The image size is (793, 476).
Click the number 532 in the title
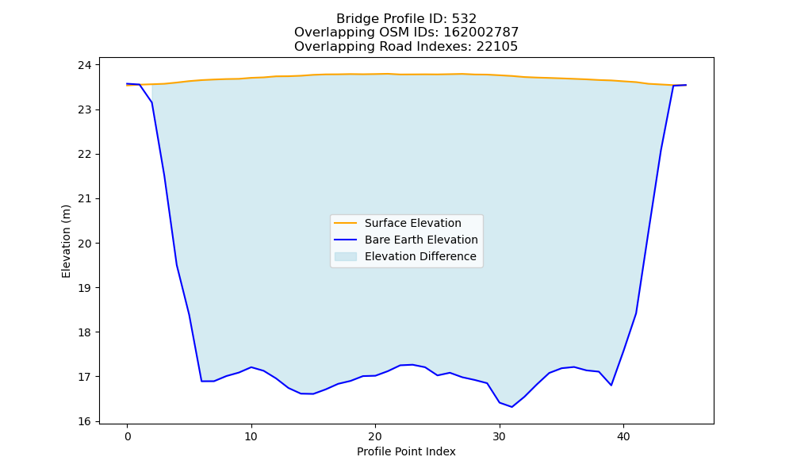[464, 19]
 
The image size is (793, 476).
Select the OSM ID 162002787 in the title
[481, 33]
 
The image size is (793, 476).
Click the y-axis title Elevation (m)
[66, 241]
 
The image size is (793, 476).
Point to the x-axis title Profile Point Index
[406, 451]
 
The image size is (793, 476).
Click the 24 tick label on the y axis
[85, 65]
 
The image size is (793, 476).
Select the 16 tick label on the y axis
[85, 421]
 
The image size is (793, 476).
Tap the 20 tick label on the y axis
[85, 244]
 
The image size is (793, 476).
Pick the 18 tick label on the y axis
[85, 332]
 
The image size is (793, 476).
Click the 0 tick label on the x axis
[128, 436]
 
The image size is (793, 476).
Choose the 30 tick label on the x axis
[499, 436]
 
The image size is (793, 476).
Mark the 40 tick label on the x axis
[623, 436]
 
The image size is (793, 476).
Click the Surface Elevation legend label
[412, 223]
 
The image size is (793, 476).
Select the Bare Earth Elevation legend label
[421, 240]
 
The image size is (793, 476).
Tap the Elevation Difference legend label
[420, 256]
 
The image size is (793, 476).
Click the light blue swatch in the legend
[346, 256]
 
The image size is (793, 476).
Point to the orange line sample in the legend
[346, 223]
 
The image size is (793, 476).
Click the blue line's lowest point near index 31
[511, 407]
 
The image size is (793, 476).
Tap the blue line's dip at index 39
[611, 385]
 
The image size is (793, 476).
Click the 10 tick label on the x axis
[251, 436]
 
